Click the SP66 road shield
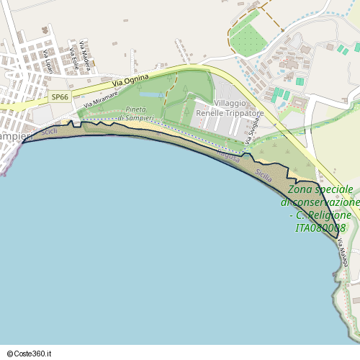[60, 96]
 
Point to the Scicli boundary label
[50, 132]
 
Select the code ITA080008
[320, 228]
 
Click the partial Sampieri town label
[13, 136]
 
